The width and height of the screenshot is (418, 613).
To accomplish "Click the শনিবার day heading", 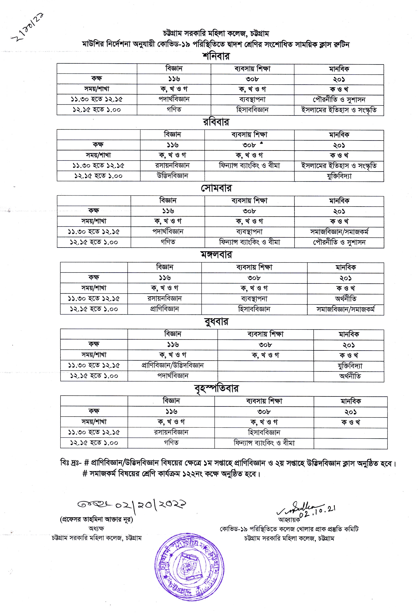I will click(x=216, y=56).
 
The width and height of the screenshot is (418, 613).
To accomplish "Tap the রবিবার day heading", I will click(x=216, y=122).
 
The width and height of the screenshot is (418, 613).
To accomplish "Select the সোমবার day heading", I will click(x=216, y=188).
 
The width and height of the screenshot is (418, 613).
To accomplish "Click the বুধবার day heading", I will click(x=216, y=321).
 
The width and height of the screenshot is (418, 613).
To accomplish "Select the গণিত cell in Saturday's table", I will click(x=174, y=109).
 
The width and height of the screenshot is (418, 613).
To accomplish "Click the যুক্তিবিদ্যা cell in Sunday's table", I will click(x=339, y=176).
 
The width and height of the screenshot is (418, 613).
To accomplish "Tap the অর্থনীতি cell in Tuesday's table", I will click(x=345, y=299).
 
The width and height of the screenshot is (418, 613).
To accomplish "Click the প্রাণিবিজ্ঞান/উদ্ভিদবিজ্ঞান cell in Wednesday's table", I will click(x=173, y=365).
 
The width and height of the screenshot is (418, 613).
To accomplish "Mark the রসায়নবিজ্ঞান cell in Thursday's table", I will click(x=171, y=432).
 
